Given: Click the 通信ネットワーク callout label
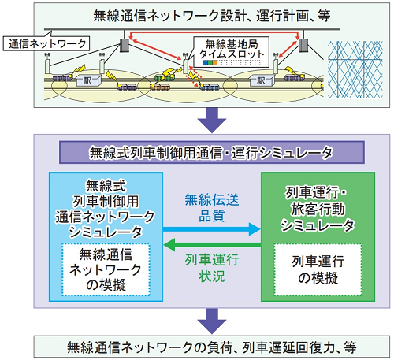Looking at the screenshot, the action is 46,43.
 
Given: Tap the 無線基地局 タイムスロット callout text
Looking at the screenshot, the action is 232,49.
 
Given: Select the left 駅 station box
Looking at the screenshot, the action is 88,80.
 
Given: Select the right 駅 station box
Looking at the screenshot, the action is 262,80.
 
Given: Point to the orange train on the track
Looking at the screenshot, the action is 160,87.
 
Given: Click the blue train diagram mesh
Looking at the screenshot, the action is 355,69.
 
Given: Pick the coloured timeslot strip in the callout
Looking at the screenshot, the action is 210,63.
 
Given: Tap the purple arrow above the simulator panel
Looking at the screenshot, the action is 212,120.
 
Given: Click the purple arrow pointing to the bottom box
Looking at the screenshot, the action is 212,321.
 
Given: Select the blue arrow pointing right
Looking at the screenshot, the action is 211,229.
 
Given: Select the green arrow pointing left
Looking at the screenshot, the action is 212,245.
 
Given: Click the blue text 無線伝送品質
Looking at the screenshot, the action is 212,208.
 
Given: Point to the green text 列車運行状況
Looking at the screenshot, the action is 212,268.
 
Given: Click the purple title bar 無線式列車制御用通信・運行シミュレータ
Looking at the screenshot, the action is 212,153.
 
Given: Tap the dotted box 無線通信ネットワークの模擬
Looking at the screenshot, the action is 106,269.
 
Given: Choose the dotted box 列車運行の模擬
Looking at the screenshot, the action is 318,269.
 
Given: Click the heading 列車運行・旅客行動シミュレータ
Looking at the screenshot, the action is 318,209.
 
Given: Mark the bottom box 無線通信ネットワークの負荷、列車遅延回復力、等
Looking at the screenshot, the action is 212,347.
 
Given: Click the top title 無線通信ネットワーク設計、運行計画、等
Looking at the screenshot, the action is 212,16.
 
